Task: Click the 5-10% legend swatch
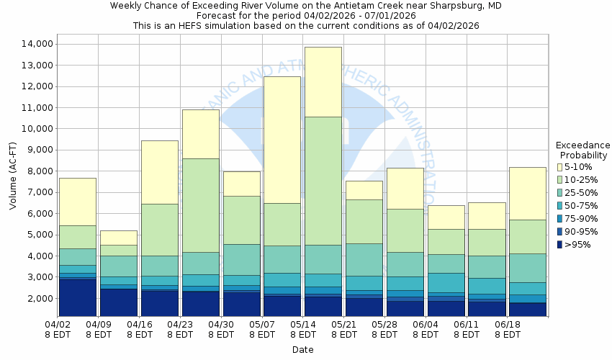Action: pos(559,167)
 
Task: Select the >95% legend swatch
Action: pos(559,245)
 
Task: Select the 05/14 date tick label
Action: pos(303,325)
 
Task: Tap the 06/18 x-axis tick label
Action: pos(508,325)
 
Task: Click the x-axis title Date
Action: pos(302,350)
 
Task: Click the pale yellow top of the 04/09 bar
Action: pos(118,238)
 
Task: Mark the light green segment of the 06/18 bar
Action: pos(528,236)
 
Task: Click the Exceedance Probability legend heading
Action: pos(583,150)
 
